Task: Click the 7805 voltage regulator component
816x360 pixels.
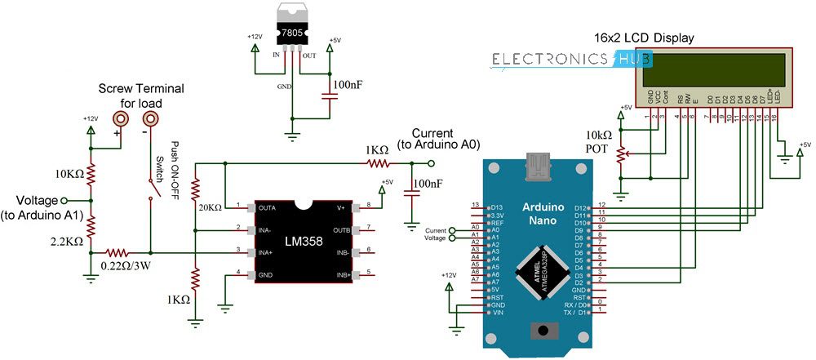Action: (x=291, y=29)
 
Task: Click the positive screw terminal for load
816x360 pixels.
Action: (x=120, y=118)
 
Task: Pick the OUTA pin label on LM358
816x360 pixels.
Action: (x=267, y=207)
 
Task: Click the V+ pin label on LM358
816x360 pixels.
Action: (x=340, y=207)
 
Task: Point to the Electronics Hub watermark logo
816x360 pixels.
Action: (x=571, y=59)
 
